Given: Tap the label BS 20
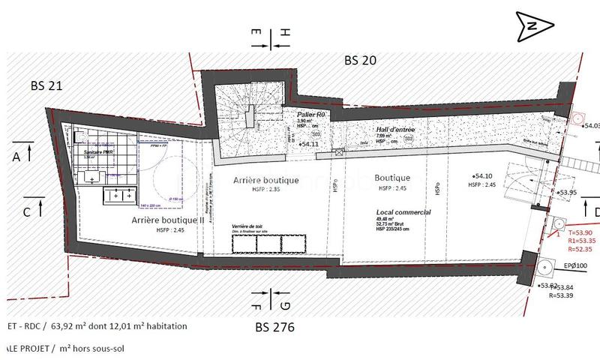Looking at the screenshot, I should click(x=362, y=61).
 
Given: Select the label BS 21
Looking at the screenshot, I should click(x=46, y=85).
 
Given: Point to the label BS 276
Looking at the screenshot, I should click(x=274, y=327).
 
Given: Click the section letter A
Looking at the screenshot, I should click(x=16, y=157).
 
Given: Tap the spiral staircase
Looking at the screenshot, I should click(x=240, y=123).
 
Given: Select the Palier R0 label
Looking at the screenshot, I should click(x=310, y=114).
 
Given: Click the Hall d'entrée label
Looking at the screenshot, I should click(x=395, y=129).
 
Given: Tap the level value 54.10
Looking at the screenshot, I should click(x=483, y=175).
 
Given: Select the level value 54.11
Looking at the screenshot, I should click(x=309, y=143).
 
